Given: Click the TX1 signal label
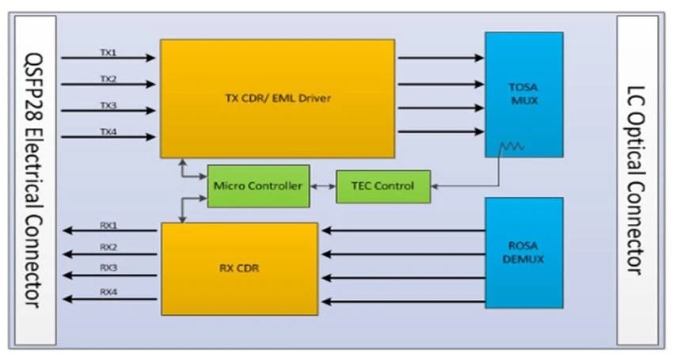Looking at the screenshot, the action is click(x=108, y=52).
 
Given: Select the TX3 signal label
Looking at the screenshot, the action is click(x=108, y=105).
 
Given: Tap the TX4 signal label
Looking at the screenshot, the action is click(x=108, y=131).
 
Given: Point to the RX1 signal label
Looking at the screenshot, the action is click(x=108, y=225).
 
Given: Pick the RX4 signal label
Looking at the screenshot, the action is click(x=108, y=292).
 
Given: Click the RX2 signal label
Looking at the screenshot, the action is click(x=108, y=247).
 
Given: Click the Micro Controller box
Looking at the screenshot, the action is click(x=258, y=186).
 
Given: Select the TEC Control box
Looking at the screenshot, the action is click(x=383, y=186).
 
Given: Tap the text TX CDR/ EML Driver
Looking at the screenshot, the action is click(x=278, y=98).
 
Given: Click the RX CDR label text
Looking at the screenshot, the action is click(x=239, y=268).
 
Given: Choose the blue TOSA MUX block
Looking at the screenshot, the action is click(x=524, y=94).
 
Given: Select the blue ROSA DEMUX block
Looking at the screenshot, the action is click(x=524, y=252).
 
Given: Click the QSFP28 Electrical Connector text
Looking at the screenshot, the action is click(x=33, y=180).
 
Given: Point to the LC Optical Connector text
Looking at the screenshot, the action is click(x=636, y=180).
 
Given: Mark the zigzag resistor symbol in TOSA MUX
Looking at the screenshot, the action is click(x=512, y=146).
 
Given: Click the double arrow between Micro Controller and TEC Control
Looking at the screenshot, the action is click(x=323, y=186).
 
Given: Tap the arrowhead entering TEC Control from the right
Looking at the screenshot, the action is click(x=434, y=186).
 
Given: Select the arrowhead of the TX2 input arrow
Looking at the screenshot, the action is click(x=150, y=84).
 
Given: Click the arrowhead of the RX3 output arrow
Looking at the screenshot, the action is click(x=68, y=275).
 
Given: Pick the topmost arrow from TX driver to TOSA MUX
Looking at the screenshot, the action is click(x=441, y=58).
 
